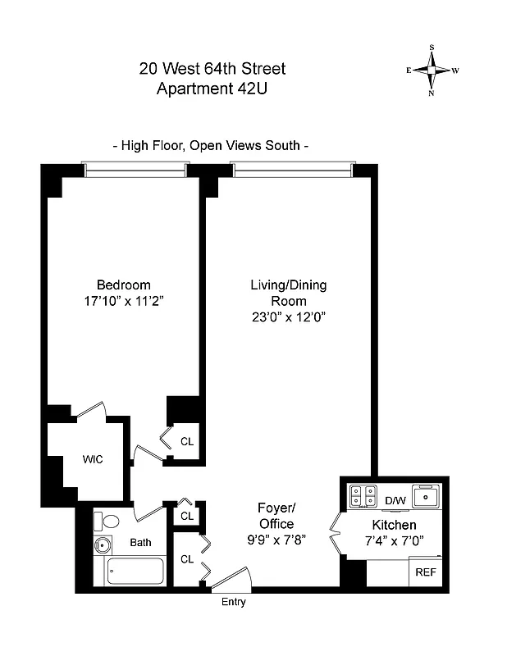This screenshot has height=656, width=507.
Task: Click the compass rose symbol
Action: click(432, 71)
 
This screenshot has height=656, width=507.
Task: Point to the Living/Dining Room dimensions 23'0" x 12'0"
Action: click(288, 317)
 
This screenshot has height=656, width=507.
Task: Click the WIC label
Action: click(93, 459)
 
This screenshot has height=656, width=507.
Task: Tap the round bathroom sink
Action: click(103, 544)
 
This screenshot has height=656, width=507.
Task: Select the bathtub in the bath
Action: click(136, 569)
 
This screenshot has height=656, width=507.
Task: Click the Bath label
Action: click(140, 542)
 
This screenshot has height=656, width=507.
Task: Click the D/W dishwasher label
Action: click(395, 500)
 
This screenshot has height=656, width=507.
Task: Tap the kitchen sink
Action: click(427, 496)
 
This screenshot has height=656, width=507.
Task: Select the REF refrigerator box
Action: click(426, 572)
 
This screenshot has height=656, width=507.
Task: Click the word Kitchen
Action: click(395, 525)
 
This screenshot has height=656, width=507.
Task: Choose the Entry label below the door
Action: click(233, 603)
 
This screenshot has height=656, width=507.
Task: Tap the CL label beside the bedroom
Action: click(187, 441)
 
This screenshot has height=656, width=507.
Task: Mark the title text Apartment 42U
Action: click(212, 89)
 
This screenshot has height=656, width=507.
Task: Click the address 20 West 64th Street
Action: click(212, 70)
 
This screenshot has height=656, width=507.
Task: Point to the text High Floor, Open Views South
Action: click(211, 146)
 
